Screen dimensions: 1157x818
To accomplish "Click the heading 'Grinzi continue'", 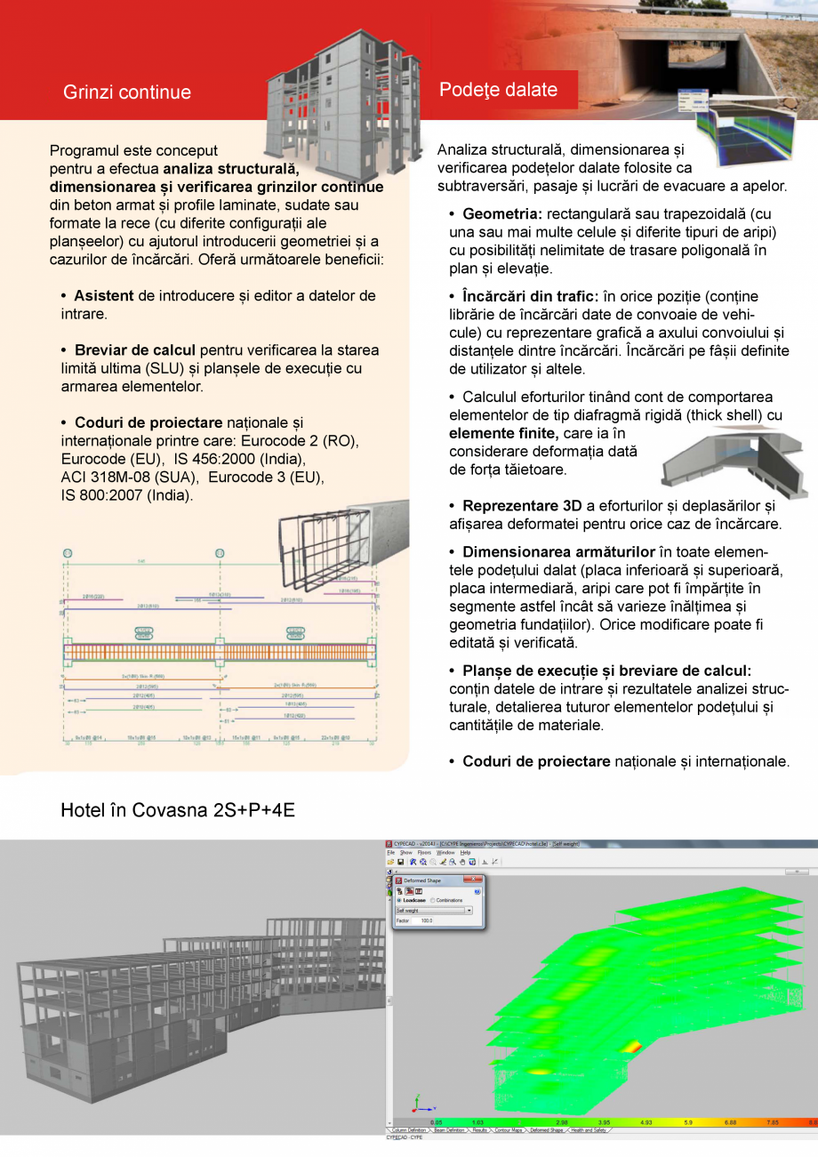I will (126, 92).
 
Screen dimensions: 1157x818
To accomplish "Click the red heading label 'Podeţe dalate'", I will (499, 90).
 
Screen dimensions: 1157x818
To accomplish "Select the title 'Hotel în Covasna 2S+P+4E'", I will (178, 811).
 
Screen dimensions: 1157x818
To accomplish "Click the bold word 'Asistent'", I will (104, 295).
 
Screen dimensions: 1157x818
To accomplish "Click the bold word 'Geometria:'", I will (502, 214).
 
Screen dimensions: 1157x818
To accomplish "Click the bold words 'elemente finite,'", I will (505, 433).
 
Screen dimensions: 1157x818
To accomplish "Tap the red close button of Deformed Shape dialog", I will (474, 880).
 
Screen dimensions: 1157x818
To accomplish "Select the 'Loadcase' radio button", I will (399, 900).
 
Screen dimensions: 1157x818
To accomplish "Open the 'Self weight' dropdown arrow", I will (469, 910).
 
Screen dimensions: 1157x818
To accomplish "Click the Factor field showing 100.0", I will (426, 920).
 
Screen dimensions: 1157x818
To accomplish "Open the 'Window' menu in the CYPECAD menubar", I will (445, 852).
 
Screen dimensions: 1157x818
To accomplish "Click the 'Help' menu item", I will (466, 852).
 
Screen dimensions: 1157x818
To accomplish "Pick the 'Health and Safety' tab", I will (588, 1130).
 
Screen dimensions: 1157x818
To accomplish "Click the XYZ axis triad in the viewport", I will (421, 1105).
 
